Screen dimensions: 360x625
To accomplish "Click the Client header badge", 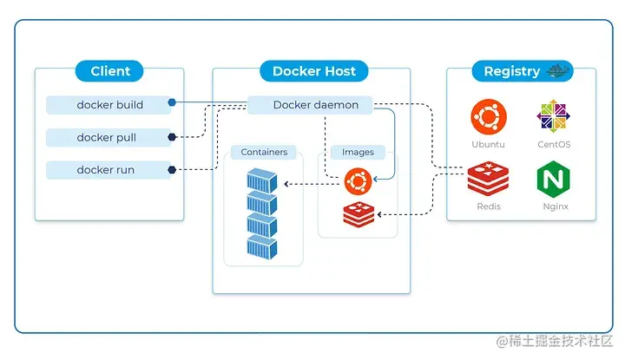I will coord(110,71).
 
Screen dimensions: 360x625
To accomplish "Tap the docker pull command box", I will coord(108,137).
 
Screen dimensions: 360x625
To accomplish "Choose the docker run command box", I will coord(108,170).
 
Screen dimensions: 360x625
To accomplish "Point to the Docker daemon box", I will coord(310,105).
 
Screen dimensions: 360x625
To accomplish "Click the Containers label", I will coord(264,153).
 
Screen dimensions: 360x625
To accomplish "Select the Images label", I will coord(358,153).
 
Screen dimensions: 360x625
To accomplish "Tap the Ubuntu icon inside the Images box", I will coord(357,181).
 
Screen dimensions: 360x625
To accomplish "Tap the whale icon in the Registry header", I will coord(553,70).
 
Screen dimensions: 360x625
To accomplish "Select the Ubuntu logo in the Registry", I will coord(488,116).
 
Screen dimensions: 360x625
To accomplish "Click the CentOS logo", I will coord(555,116).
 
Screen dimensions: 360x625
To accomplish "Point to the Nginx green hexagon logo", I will coord(555,180).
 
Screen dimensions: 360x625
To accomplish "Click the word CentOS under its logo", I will coord(555,145).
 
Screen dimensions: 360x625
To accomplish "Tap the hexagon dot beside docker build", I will coord(173,103).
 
